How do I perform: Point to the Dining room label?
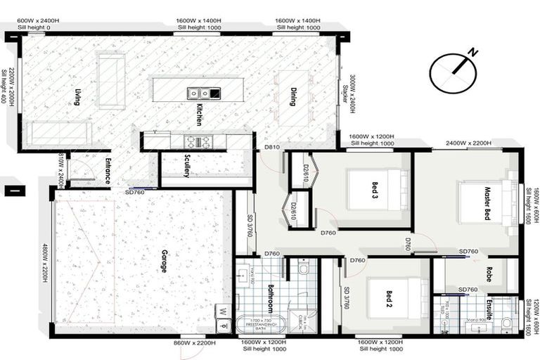(x=293, y=97)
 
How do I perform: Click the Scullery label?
(x=187, y=166)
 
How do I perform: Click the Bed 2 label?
(x=387, y=300)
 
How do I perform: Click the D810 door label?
(x=272, y=147)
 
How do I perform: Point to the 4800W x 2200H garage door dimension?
(x=44, y=263)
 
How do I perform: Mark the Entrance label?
(x=108, y=172)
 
